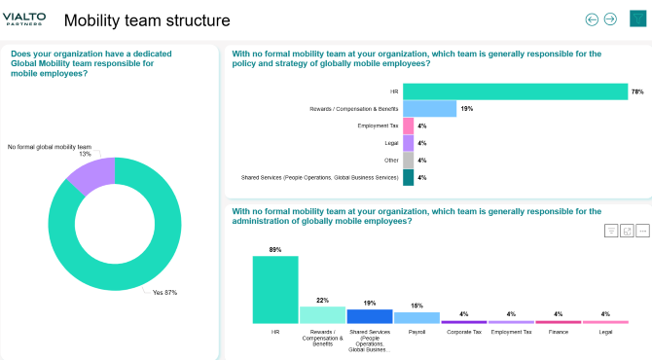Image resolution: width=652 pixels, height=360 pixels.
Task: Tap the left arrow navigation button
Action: pyautogui.click(x=592, y=18)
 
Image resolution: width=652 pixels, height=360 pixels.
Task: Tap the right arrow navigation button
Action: pyautogui.click(x=610, y=18)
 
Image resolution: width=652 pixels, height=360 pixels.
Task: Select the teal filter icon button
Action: pyautogui.click(x=637, y=18)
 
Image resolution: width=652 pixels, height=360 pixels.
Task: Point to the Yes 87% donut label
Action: pyautogui.click(x=164, y=292)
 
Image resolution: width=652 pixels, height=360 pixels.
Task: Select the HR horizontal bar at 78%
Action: pyautogui.click(x=515, y=91)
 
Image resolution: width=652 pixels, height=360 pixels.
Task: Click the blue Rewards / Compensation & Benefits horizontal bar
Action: pyautogui.click(x=429, y=108)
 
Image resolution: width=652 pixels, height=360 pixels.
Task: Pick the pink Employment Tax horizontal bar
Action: pyautogui.click(x=408, y=126)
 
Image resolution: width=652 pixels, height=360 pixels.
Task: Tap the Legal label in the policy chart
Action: pyautogui.click(x=391, y=143)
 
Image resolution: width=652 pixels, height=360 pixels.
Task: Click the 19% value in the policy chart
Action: pyautogui.click(x=467, y=108)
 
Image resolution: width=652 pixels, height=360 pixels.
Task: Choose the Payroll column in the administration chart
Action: pyautogui.click(x=417, y=317)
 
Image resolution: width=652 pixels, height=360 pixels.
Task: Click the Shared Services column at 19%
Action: pyautogui.click(x=370, y=316)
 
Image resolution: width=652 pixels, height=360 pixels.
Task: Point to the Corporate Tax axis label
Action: pyautogui.click(x=464, y=332)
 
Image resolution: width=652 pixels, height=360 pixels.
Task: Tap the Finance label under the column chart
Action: pyautogui.click(x=559, y=332)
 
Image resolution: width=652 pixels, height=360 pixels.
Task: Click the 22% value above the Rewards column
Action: pyautogui.click(x=322, y=300)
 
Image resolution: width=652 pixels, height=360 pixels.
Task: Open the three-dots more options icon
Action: pyautogui.click(x=643, y=231)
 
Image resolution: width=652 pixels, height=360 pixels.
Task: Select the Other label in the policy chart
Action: pyautogui.click(x=390, y=161)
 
